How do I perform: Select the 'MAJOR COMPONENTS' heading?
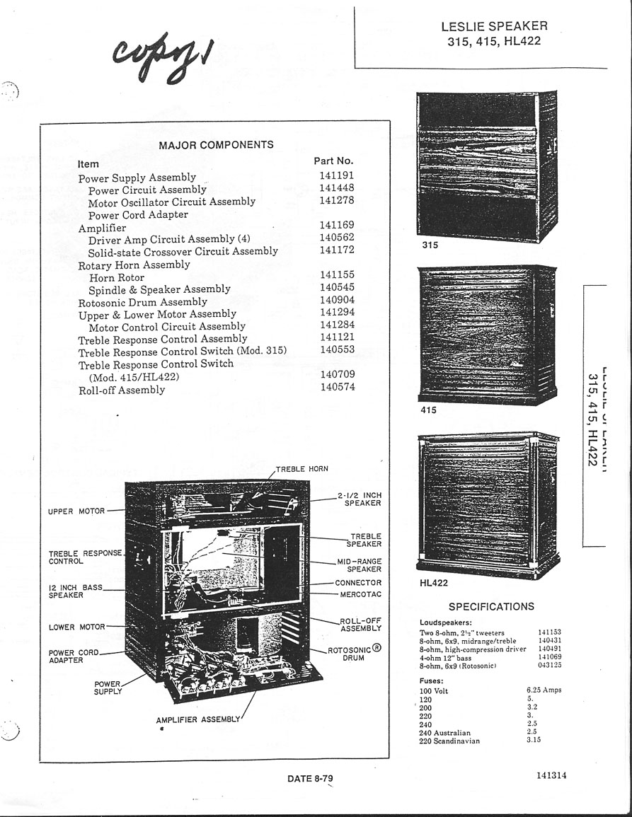coord(216,145)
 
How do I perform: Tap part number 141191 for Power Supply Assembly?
coord(336,175)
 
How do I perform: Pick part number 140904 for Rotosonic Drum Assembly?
coord(336,300)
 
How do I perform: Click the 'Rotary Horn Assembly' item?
coord(134,265)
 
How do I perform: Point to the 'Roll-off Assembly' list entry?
coord(121,390)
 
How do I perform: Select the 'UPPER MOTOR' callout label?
coord(76,511)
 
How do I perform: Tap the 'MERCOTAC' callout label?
coord(360,595)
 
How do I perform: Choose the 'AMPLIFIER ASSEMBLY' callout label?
coord(198,720)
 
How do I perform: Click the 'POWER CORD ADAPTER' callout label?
coord(74,656)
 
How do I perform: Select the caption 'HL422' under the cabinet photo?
coord(434,584)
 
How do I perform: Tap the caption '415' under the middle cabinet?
coord(428,410)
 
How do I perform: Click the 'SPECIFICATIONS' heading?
coord(491,607)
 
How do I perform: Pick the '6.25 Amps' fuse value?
coord(544,690)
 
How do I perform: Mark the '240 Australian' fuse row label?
coord(444,733)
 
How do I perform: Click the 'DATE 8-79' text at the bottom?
coord(310,779)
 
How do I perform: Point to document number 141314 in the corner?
coord(551,775)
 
